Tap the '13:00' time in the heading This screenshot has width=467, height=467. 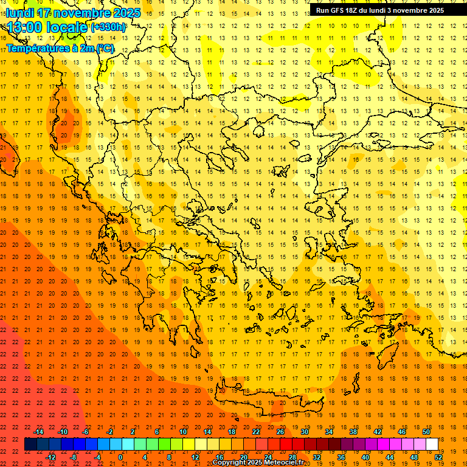tap(24, 27)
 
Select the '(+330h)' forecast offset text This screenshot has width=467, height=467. tap(108, 27)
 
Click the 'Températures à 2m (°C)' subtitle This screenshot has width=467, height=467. tap(60, 47)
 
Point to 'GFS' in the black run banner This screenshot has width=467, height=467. tap(341, 10)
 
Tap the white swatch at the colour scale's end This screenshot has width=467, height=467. tap(432, 445)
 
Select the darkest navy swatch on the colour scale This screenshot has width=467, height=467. tap(30, 445)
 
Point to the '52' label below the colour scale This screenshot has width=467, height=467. tap(438, 457)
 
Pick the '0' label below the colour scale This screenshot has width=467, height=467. tap(120, 457)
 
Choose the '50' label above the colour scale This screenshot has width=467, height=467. tap(426, 432)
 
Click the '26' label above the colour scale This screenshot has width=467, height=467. tap(280, 432)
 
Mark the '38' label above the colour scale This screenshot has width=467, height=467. tap(353, 432)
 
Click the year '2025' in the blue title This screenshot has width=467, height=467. tap(126, 13)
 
